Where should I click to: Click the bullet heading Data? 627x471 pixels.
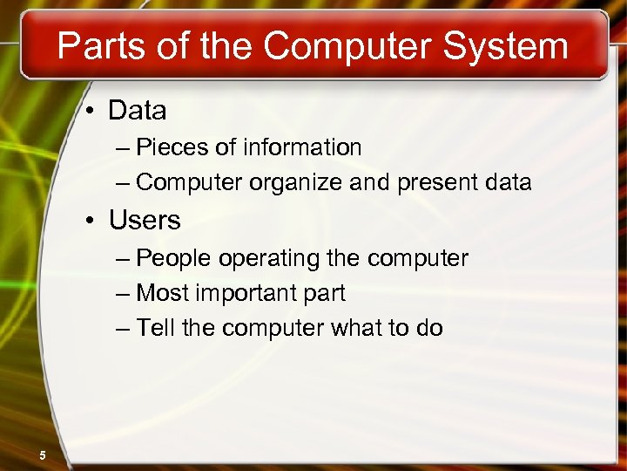[138, 111]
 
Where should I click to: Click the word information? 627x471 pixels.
[302, 147]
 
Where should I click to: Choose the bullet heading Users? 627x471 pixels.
[145, 220]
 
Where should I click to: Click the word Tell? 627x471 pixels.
[156, 328]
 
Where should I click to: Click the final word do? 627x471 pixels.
[430, 328]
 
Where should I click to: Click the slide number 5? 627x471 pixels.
[42, 454]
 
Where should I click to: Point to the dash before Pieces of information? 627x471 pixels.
[122, 148]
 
